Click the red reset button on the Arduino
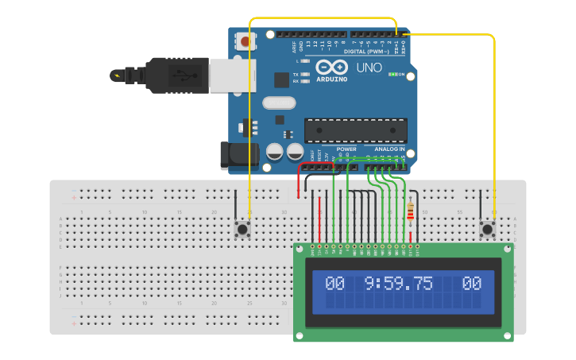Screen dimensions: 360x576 point(245,41)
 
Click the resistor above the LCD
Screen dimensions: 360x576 point(410,212)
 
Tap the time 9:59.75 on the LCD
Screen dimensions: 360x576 point(399,283)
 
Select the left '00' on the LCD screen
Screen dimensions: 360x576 point(334,283)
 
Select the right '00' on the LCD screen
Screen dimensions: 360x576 point(472,283)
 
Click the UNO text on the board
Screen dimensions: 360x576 point(368,68)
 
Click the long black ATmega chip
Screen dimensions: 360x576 point(356,130)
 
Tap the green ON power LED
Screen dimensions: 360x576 point(393,74)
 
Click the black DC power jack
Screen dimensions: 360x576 point(239,155)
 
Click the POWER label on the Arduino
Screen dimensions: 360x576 point(346,149)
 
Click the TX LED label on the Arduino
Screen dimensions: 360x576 point(296,74)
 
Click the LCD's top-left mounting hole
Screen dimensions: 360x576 point(300,250)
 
